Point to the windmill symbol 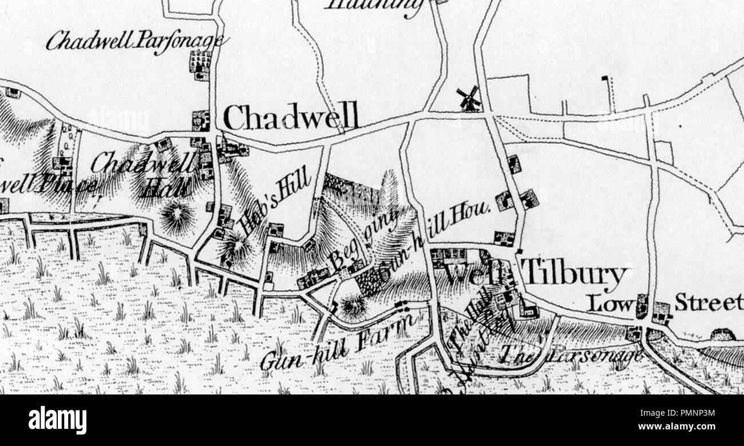469,98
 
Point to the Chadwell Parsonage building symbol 200,65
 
